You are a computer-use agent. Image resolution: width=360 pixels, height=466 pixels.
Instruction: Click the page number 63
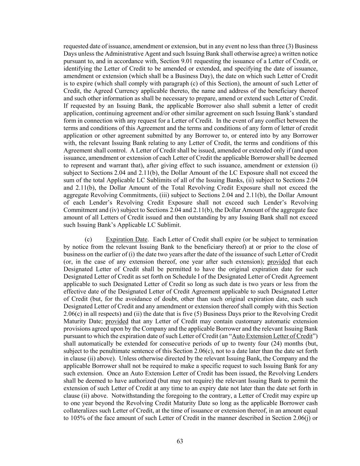[x=180, y=441]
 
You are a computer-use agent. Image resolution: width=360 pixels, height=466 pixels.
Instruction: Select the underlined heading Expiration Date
[x=127, y=239]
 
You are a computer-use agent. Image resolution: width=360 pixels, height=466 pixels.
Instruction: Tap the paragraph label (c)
[x=88, y=239]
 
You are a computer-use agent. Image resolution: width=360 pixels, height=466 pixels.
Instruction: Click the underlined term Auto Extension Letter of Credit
[x=272, y=336]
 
